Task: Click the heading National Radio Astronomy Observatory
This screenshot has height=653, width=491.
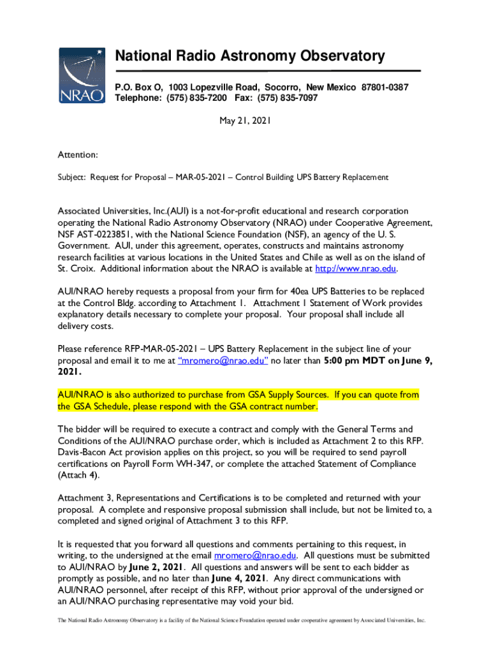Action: pyautogui.click(x=249, y=56)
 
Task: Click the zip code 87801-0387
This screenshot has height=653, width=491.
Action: pyautogui.click(x=385, y=87)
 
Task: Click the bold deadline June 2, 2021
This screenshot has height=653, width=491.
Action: pyautogui.click(x=156, y=566)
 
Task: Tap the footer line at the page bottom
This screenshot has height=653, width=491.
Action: pyautogui.click(x=246, y=619)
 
